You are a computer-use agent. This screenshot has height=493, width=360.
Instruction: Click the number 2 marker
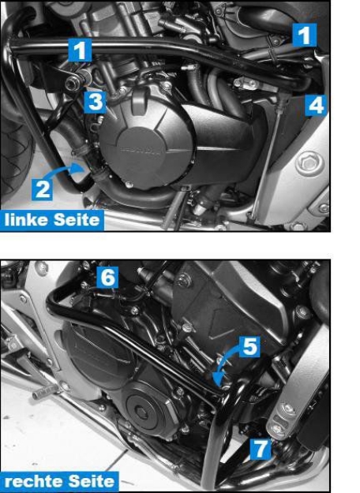click(x=43, y=187)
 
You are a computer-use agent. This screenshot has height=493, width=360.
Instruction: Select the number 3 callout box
click(x=94, y=100)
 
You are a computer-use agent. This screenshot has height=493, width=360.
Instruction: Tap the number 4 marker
click(x=316, y=104)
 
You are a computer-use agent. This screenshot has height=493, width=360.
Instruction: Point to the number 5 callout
click(x=249, y=346)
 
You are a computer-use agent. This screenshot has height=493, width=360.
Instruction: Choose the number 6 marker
click(x=107, y=276)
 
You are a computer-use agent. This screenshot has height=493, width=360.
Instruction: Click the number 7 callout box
click(x=259, y=448)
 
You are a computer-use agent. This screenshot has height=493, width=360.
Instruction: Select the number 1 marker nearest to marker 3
click(x=80, y=50)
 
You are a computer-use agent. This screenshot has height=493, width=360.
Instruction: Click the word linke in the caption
click(x=27, y=220)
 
